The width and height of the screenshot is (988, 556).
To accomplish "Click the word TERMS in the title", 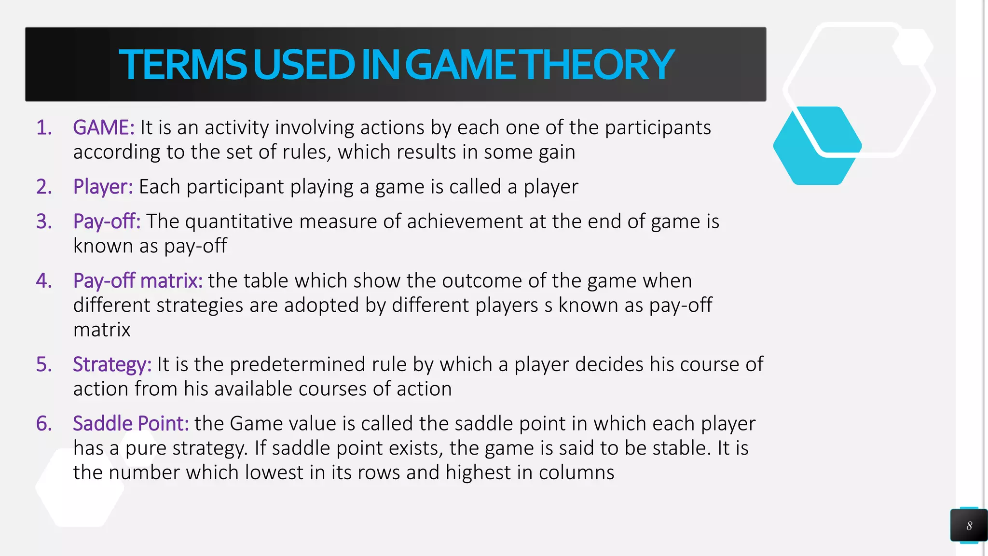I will tap(183, 65).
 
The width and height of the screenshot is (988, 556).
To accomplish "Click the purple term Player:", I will tap(103, 187).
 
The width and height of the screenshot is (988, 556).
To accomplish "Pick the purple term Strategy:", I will tap(112, 364).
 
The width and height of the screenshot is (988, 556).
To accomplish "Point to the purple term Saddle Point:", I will tap(131, 423).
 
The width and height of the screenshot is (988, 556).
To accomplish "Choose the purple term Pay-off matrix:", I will tap(137, 281).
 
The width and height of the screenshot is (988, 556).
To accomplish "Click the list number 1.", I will tap(44, 128).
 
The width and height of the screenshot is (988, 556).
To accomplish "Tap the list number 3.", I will tap(44, 222).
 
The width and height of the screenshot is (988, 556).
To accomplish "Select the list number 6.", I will tap(44, 423).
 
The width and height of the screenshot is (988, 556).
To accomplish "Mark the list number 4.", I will tap(44, 281).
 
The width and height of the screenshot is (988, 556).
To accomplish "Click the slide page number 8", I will tap(969, 526).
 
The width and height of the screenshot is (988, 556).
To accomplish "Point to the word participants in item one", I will tap(658, 128).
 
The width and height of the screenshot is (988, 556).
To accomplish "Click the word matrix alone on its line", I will tap(102, 330).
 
